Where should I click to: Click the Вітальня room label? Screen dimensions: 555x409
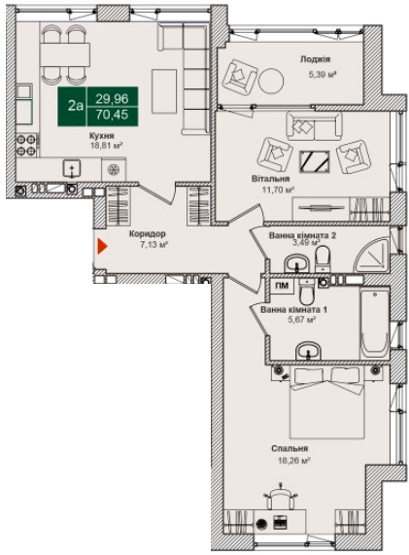click(273, 178)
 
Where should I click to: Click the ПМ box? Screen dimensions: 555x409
click(281, 287)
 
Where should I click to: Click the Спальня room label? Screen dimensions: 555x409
click(290, 449)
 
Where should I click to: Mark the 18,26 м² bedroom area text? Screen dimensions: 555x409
click(292, 462)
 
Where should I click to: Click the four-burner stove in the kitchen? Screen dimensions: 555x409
click(26, 144)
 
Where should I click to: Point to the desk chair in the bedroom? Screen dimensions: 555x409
click(280, 498)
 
